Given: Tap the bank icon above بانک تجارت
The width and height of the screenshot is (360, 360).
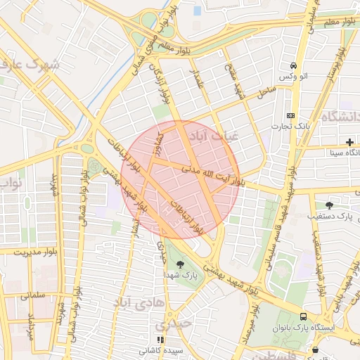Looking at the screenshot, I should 290,115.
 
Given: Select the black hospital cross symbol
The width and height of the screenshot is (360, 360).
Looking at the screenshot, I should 349,142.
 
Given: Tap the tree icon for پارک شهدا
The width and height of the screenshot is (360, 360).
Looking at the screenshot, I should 181,264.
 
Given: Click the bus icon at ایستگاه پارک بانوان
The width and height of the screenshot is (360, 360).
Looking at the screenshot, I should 303,316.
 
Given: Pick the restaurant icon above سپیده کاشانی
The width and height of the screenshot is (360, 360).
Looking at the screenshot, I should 160,339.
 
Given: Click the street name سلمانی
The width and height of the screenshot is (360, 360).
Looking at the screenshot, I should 32,296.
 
